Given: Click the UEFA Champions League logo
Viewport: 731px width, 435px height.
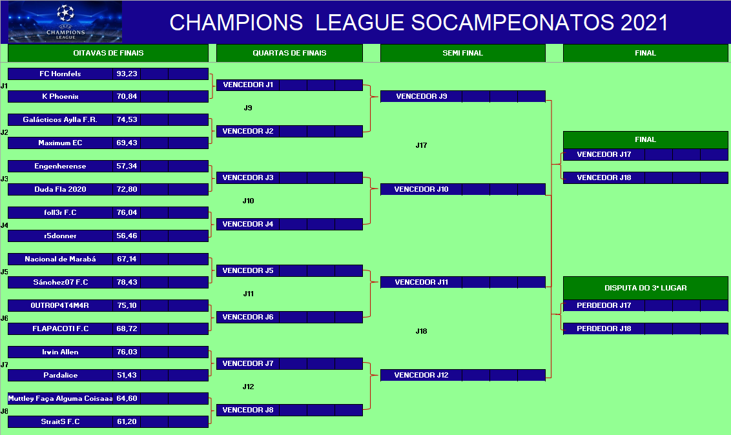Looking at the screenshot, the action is (65, 22).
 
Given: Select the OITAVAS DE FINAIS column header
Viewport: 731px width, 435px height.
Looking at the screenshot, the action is (108, 53).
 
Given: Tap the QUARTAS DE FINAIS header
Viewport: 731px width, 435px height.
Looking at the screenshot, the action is (289, 53).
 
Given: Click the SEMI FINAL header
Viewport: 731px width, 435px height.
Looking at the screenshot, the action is (462, 53).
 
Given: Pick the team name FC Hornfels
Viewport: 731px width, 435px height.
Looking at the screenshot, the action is (60, 74).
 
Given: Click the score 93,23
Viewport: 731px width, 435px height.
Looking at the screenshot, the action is (127, 74).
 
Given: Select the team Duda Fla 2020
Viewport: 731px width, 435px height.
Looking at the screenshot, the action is (60, 189).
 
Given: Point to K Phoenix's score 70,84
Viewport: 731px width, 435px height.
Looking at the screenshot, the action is (127, 96).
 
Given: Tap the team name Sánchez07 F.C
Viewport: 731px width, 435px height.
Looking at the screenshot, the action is (61, 282).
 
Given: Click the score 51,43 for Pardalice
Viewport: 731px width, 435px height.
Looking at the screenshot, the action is (127, 375).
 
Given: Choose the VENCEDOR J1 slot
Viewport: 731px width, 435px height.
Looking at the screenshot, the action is (248, 85).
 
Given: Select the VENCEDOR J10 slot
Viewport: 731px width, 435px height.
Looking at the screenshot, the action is (421, 189).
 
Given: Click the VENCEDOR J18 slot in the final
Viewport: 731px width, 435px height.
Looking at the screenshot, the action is (604, 177).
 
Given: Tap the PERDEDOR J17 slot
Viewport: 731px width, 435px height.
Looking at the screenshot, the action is (604, 305).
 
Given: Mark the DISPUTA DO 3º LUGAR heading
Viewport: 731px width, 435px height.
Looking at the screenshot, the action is (646, 288).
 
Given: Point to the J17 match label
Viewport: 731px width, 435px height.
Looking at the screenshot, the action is (421, 145).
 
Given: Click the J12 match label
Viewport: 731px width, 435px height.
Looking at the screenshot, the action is (248, 387).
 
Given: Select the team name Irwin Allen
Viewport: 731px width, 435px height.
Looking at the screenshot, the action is (60, 352).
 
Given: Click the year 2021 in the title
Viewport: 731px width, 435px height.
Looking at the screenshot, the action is (644, 23).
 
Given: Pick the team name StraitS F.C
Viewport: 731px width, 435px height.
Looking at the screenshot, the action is (60, 421).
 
